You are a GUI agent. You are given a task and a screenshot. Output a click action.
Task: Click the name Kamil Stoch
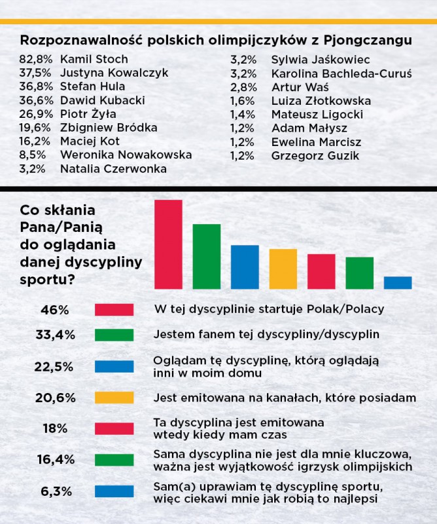click(94, 60)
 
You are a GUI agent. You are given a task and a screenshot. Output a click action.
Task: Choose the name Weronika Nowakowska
click(126, 155)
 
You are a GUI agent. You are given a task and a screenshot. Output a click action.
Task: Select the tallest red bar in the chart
click(168, 244)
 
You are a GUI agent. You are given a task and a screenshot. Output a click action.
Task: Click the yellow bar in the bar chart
click(283, 269)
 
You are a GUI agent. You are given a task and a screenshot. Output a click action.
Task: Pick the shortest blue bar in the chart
click(397, 282)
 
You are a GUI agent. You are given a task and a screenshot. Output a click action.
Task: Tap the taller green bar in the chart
click(206, 256)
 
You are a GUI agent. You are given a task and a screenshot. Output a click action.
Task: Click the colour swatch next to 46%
click(114, 309)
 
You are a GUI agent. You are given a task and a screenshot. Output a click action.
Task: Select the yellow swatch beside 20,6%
click(114, 398)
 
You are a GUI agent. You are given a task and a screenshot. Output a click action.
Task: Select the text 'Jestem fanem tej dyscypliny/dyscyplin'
click(266, 334)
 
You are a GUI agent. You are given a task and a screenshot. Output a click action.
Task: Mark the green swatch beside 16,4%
click(114, 460)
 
